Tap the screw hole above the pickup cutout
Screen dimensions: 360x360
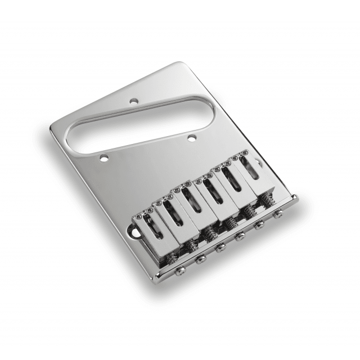pyautogui.click(x=134, y=102)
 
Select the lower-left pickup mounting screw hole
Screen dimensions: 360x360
pyautogui.click(x=103, y=159)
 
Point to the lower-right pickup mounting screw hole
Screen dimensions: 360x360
pyautogui.click(x=191, y=137)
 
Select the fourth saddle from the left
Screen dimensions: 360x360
pyautogui.click(x=209, y=192)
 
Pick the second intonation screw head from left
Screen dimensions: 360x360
pyautogui.click(x=200, y=259)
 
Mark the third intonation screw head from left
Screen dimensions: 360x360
pyautogui.click(x=220, y=247)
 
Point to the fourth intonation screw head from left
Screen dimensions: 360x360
pyautogui.click(x=241, y=236)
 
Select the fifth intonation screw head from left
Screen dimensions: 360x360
pyautogui.click(x=260, y=226)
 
